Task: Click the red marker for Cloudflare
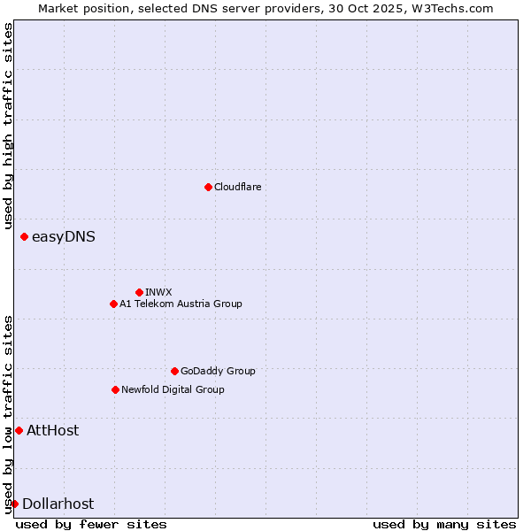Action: (x=208, y=187)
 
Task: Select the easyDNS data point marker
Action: (x=24, y=236)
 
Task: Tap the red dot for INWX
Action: (x=139, y=292)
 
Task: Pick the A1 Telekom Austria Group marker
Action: (x=113, y=304)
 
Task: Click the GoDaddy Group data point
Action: (x=174, y=371)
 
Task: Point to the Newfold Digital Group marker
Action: (x=115, y=389)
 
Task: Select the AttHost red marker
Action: (x=19, y=430)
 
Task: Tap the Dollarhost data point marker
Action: (x=14, y=504)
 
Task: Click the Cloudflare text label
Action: (x=237, y=187)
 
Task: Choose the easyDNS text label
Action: (x=64, y=236)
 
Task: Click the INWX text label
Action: (x=158, y=292)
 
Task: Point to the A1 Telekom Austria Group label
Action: (x=181, y=304)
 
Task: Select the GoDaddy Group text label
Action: (x=218, y=371)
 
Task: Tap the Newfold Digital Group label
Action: (x=173, y=389)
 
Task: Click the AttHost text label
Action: (x=53, y=430)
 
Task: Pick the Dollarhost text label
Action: (x=58, y=504)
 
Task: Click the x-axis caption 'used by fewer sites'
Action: (x=91, y=524)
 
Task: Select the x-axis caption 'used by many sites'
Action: (x=444, y=524)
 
